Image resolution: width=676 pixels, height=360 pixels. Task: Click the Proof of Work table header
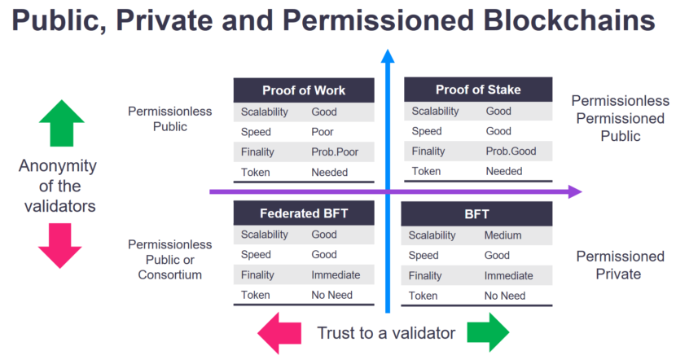coord(304,90)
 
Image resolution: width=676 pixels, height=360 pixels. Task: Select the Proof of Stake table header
coord(478,90)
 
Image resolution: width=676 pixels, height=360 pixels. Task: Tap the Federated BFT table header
coord(304,214)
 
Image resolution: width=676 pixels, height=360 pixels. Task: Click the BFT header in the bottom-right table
coord(476,214)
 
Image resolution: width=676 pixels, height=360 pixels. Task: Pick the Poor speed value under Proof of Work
coord(323,132)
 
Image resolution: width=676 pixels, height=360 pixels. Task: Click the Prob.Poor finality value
coord(335,151)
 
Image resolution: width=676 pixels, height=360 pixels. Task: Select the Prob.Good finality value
coord(511,151)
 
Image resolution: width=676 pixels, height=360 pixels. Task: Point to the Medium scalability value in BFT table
coord(503,235)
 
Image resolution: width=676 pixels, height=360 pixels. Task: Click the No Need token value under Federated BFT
coord(331,295)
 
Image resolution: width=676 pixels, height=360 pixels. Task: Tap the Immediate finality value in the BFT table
coord(508,275)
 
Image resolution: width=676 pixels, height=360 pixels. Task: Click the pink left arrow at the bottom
coord(279,332)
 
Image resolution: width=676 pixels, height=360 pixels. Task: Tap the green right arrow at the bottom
coord(489,332)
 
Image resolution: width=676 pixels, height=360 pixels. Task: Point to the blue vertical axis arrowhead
coord(388,56)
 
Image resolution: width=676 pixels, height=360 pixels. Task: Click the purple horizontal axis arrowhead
coord(575,192)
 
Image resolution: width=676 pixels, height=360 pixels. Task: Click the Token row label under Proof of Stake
coord(426,171)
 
